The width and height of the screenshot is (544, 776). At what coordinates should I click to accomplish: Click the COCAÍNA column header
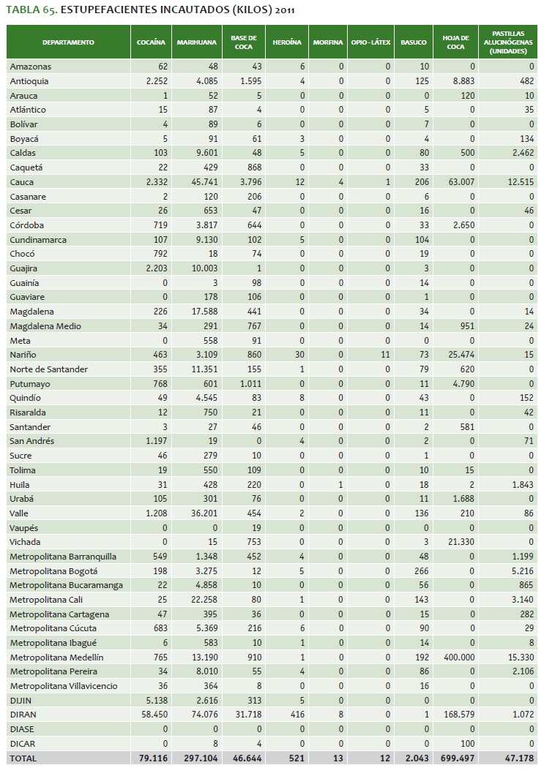[152, 42]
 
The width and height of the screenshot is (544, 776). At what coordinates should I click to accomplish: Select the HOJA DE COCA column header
[454, 42]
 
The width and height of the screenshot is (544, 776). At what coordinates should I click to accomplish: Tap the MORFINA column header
[327, 42]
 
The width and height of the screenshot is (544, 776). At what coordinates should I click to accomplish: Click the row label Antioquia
[29, 81]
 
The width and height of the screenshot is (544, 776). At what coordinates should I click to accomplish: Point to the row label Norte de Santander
[48, 369]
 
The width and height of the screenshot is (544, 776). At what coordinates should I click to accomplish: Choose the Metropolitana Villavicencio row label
[64, 686]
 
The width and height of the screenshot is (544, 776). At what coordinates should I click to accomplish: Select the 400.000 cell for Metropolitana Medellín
[457, 658]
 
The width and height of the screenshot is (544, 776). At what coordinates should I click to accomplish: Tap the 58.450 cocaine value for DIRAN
[154, 715]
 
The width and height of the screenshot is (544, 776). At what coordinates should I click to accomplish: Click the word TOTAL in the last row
[23, 758]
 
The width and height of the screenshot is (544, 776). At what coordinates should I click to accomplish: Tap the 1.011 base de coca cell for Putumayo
[246, 383]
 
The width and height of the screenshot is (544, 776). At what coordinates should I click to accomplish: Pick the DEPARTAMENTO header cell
[68, 42]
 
